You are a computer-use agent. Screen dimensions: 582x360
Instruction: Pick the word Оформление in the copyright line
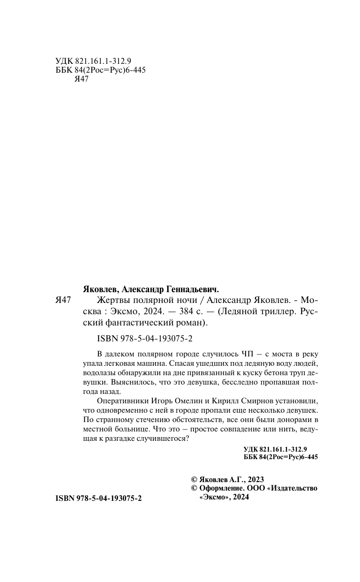pyautogui.click(x=222, y=488)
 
